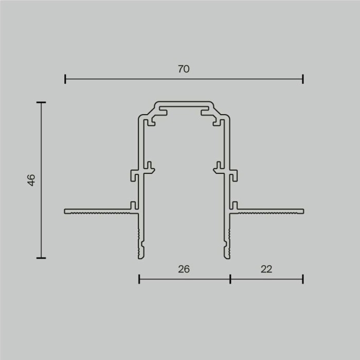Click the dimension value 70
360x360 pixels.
coord(184,69)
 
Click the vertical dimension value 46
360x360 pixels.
coord(31,180)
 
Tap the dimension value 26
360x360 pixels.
coord(184,269)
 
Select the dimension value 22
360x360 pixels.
coord(266,269)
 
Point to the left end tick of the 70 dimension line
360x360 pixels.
coord(65,79)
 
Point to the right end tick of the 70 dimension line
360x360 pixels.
coord(303,79)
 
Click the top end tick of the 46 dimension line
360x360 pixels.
coord(41,103)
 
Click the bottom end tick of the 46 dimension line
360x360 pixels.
coord(41,258)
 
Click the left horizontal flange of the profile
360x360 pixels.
coord(98,211)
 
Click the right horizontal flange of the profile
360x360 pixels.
coord(270,211)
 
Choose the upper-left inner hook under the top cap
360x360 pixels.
coord(153,121)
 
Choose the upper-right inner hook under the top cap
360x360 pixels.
coord(215,121)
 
